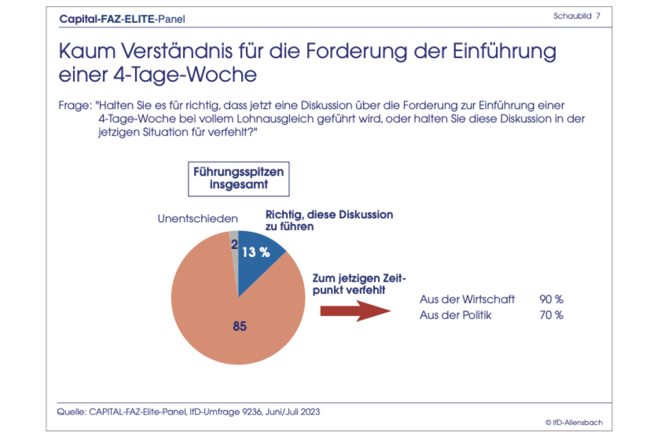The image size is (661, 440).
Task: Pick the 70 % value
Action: click(551, 315)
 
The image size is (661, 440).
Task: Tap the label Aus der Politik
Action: click(455, 315)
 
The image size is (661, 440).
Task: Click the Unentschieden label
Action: click(198, 219)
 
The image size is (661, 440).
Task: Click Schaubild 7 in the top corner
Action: click(576, 15)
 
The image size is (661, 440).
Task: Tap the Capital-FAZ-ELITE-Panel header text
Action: click(123, 19)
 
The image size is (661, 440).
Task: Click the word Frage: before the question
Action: click(75, 107)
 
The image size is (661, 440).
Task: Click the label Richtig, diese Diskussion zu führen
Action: click(328, 220)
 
